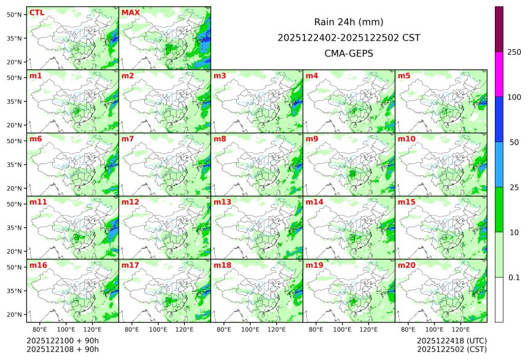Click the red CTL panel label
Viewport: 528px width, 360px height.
click(37, 12)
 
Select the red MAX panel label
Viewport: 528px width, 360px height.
click(131, 12)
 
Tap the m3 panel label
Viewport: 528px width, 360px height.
click(220, 76)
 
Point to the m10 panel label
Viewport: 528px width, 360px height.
click(406, 139)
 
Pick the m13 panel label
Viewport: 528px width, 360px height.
click(222, 202)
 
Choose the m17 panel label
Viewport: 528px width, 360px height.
click(130, 265)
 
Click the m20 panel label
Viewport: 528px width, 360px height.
click(406, 265)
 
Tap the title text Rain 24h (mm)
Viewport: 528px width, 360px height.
click(349, 22)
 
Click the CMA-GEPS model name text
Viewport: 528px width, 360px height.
click(349, 53)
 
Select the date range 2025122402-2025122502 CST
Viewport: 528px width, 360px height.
click(349, 37)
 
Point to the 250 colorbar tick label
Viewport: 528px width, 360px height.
click(514, 52)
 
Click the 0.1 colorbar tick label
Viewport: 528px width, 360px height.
click(514, 277)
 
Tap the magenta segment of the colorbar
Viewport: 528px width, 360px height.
click(499, 74)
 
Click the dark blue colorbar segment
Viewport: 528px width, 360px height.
click(499, 119)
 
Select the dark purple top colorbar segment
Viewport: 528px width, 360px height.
click(499, 29)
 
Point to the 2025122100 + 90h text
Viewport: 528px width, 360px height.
click(63, 340)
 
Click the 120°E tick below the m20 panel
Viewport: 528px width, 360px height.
click(460, 329)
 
